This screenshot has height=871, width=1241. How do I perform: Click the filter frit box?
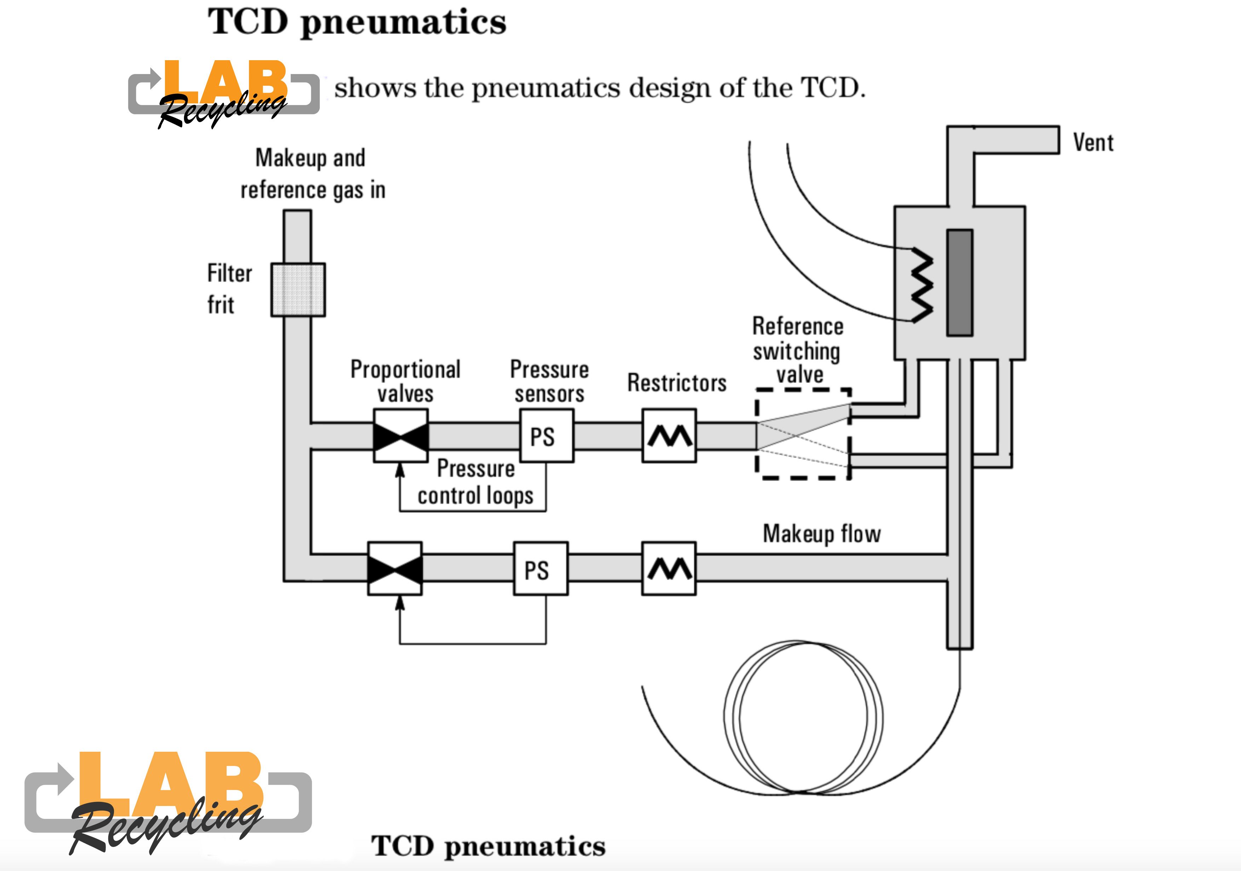(x=298, y=290)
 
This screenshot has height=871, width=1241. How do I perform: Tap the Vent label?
(x=1093, y=143)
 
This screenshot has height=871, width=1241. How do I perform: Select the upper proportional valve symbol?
(x=400, y=436)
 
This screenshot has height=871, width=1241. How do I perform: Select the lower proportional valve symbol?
(x=394, y=569)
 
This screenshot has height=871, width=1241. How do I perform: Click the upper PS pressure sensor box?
(x=546, y=436)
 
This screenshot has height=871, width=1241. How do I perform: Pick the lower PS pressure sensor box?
(x=540, y=569)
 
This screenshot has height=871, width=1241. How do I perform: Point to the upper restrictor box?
(x=669, y=436)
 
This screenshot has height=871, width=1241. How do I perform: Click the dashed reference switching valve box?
(x=803, y=434)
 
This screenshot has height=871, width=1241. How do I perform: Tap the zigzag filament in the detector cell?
(x=922, y=285)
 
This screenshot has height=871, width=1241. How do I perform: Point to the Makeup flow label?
(x=821, y=534)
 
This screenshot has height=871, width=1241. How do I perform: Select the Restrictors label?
(x=677, y=383)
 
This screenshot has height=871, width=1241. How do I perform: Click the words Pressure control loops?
(x=476, y=482)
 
